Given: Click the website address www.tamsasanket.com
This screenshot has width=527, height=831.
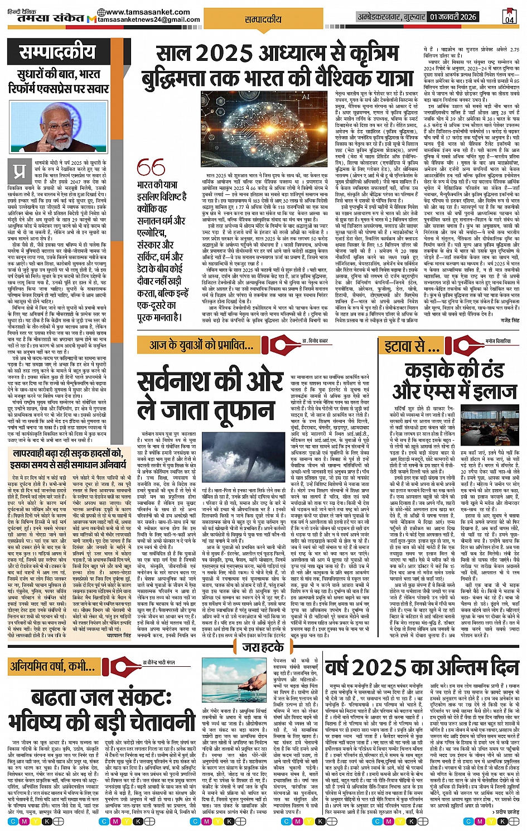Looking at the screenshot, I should tap(147, 12).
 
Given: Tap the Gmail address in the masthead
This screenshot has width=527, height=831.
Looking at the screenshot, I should tap(149, 20).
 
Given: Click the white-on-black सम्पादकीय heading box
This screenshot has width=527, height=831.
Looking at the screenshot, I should tap(58, 52).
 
